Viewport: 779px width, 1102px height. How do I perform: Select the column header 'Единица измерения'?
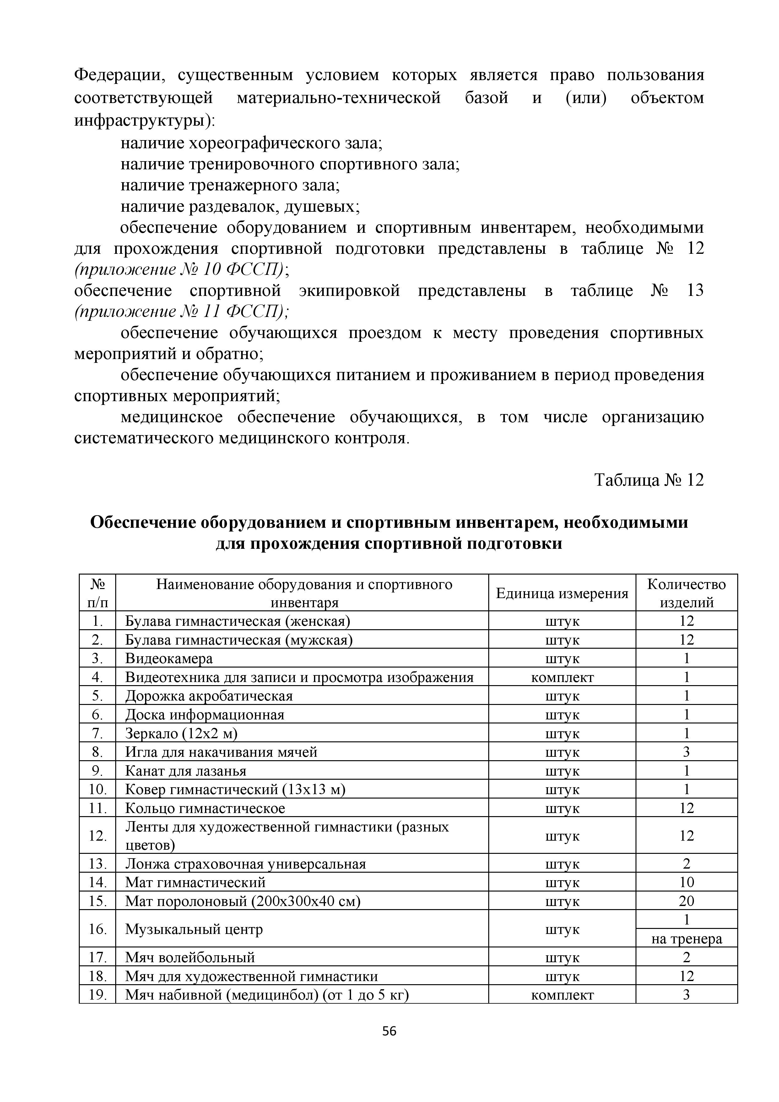(562, 594)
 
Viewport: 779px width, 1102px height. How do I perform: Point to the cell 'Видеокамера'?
(169, 658)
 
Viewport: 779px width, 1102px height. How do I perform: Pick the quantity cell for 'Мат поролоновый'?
(686, 901)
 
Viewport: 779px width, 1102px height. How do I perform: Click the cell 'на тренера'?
(686, 939)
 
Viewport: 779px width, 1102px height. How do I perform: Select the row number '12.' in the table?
(97, 836)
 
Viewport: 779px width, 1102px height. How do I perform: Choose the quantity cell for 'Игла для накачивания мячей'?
(686, 752)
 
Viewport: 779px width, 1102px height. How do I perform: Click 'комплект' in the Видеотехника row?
(562, 677)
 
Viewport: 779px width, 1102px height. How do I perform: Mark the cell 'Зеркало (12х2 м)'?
(181, 734)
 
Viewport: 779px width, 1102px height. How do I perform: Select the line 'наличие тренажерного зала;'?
(230, 185)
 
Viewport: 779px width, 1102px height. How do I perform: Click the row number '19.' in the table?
(97, 995)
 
